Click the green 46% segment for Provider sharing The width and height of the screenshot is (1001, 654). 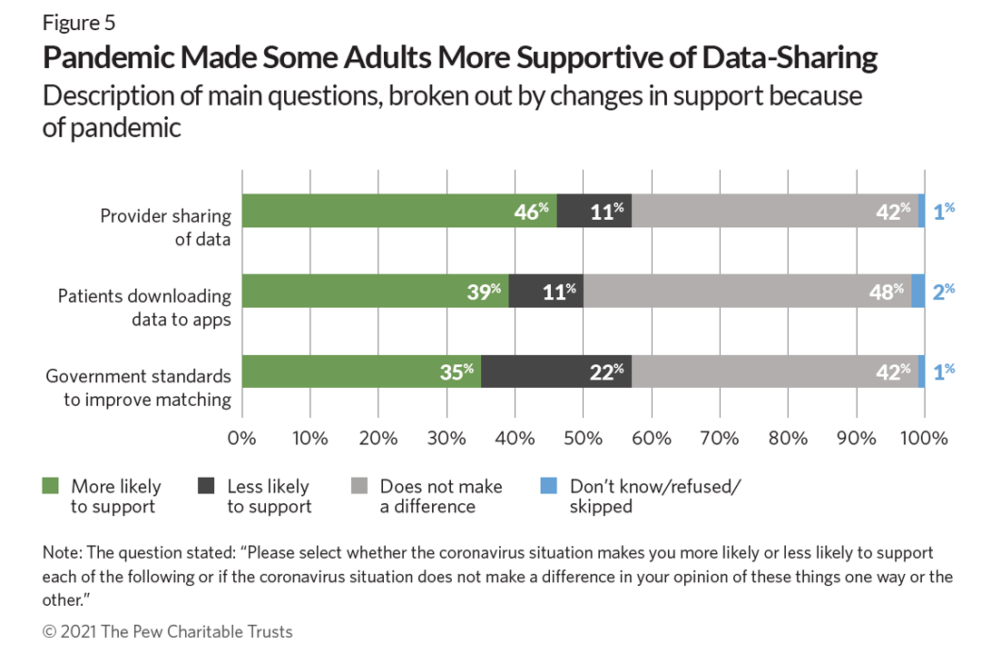399,210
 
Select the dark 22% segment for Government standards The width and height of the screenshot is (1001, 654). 556,372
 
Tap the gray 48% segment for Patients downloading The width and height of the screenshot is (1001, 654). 747,291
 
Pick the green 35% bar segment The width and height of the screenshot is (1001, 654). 361,372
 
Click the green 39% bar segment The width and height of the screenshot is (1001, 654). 375,291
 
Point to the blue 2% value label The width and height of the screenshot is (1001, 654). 944,291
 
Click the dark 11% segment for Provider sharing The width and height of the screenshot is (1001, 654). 594,210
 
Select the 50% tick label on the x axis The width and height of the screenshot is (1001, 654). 583,438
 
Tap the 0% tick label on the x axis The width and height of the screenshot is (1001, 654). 242,438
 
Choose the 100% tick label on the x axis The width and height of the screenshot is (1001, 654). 924,438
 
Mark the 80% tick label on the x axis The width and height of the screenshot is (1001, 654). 788,438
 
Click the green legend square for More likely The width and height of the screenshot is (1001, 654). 51,486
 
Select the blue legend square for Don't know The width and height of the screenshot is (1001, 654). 548,486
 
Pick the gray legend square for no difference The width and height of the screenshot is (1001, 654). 359,486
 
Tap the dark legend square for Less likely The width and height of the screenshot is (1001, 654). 206,486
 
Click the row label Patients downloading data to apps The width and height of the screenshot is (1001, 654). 144,306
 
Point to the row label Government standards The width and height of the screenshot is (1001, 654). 138,387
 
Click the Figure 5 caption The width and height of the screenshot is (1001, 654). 79,23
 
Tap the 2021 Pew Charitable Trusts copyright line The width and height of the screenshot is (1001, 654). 168,631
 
